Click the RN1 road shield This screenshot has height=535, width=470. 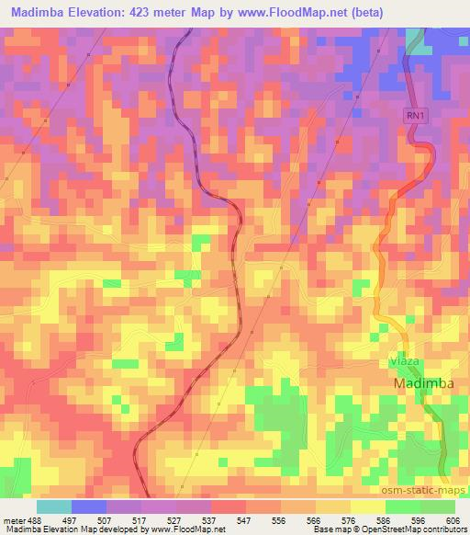pos(414,115)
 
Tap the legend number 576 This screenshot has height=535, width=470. pos(350,519)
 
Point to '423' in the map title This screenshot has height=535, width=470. pos(141,12)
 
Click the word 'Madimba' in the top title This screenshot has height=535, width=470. pos(34,12)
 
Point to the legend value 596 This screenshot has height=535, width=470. pos(420,519)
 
